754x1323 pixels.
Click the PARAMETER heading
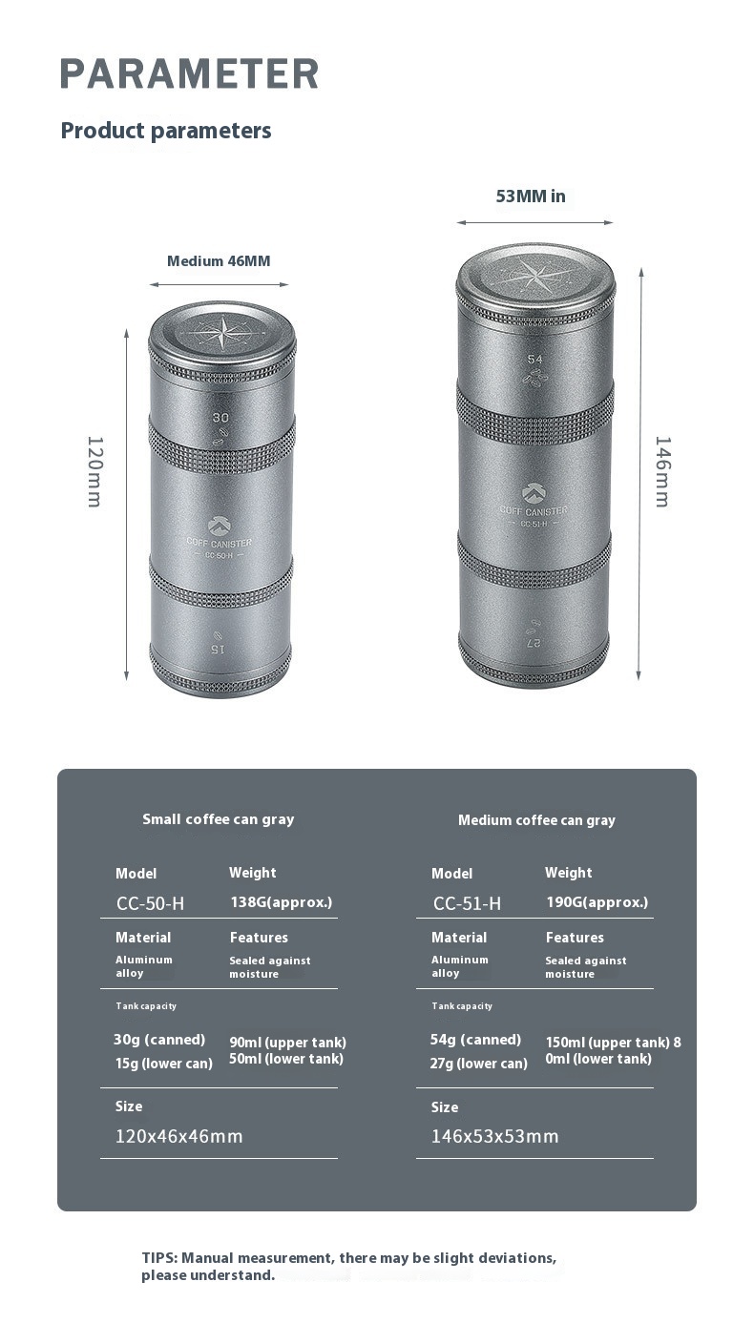click(189, 73)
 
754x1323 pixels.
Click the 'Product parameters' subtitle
click(166, 131)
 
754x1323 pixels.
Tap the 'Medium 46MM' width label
click(219, 261)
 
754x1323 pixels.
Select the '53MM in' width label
click(531, 196)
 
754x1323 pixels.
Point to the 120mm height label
click(95, 472)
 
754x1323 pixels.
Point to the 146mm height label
click(663, 472)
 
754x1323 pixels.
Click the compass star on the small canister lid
click(222, 333)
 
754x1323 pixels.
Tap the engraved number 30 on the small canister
click(220, 418)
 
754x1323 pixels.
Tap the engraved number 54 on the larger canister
click(534, 359)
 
